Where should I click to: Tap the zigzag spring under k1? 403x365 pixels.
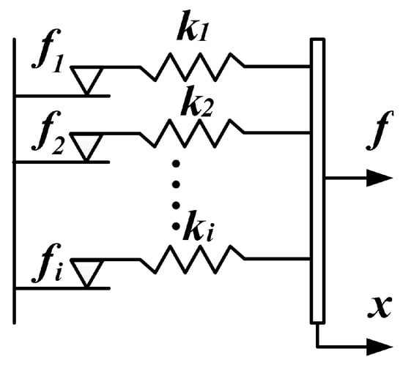tap(193, 66)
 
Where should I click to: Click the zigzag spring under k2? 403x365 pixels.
tap(193, 133)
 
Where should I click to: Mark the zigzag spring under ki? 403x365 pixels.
tap(193, 258)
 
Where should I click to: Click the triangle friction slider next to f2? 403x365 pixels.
tap(89, 146)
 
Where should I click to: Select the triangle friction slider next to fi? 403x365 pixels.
tap(89, 271)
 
